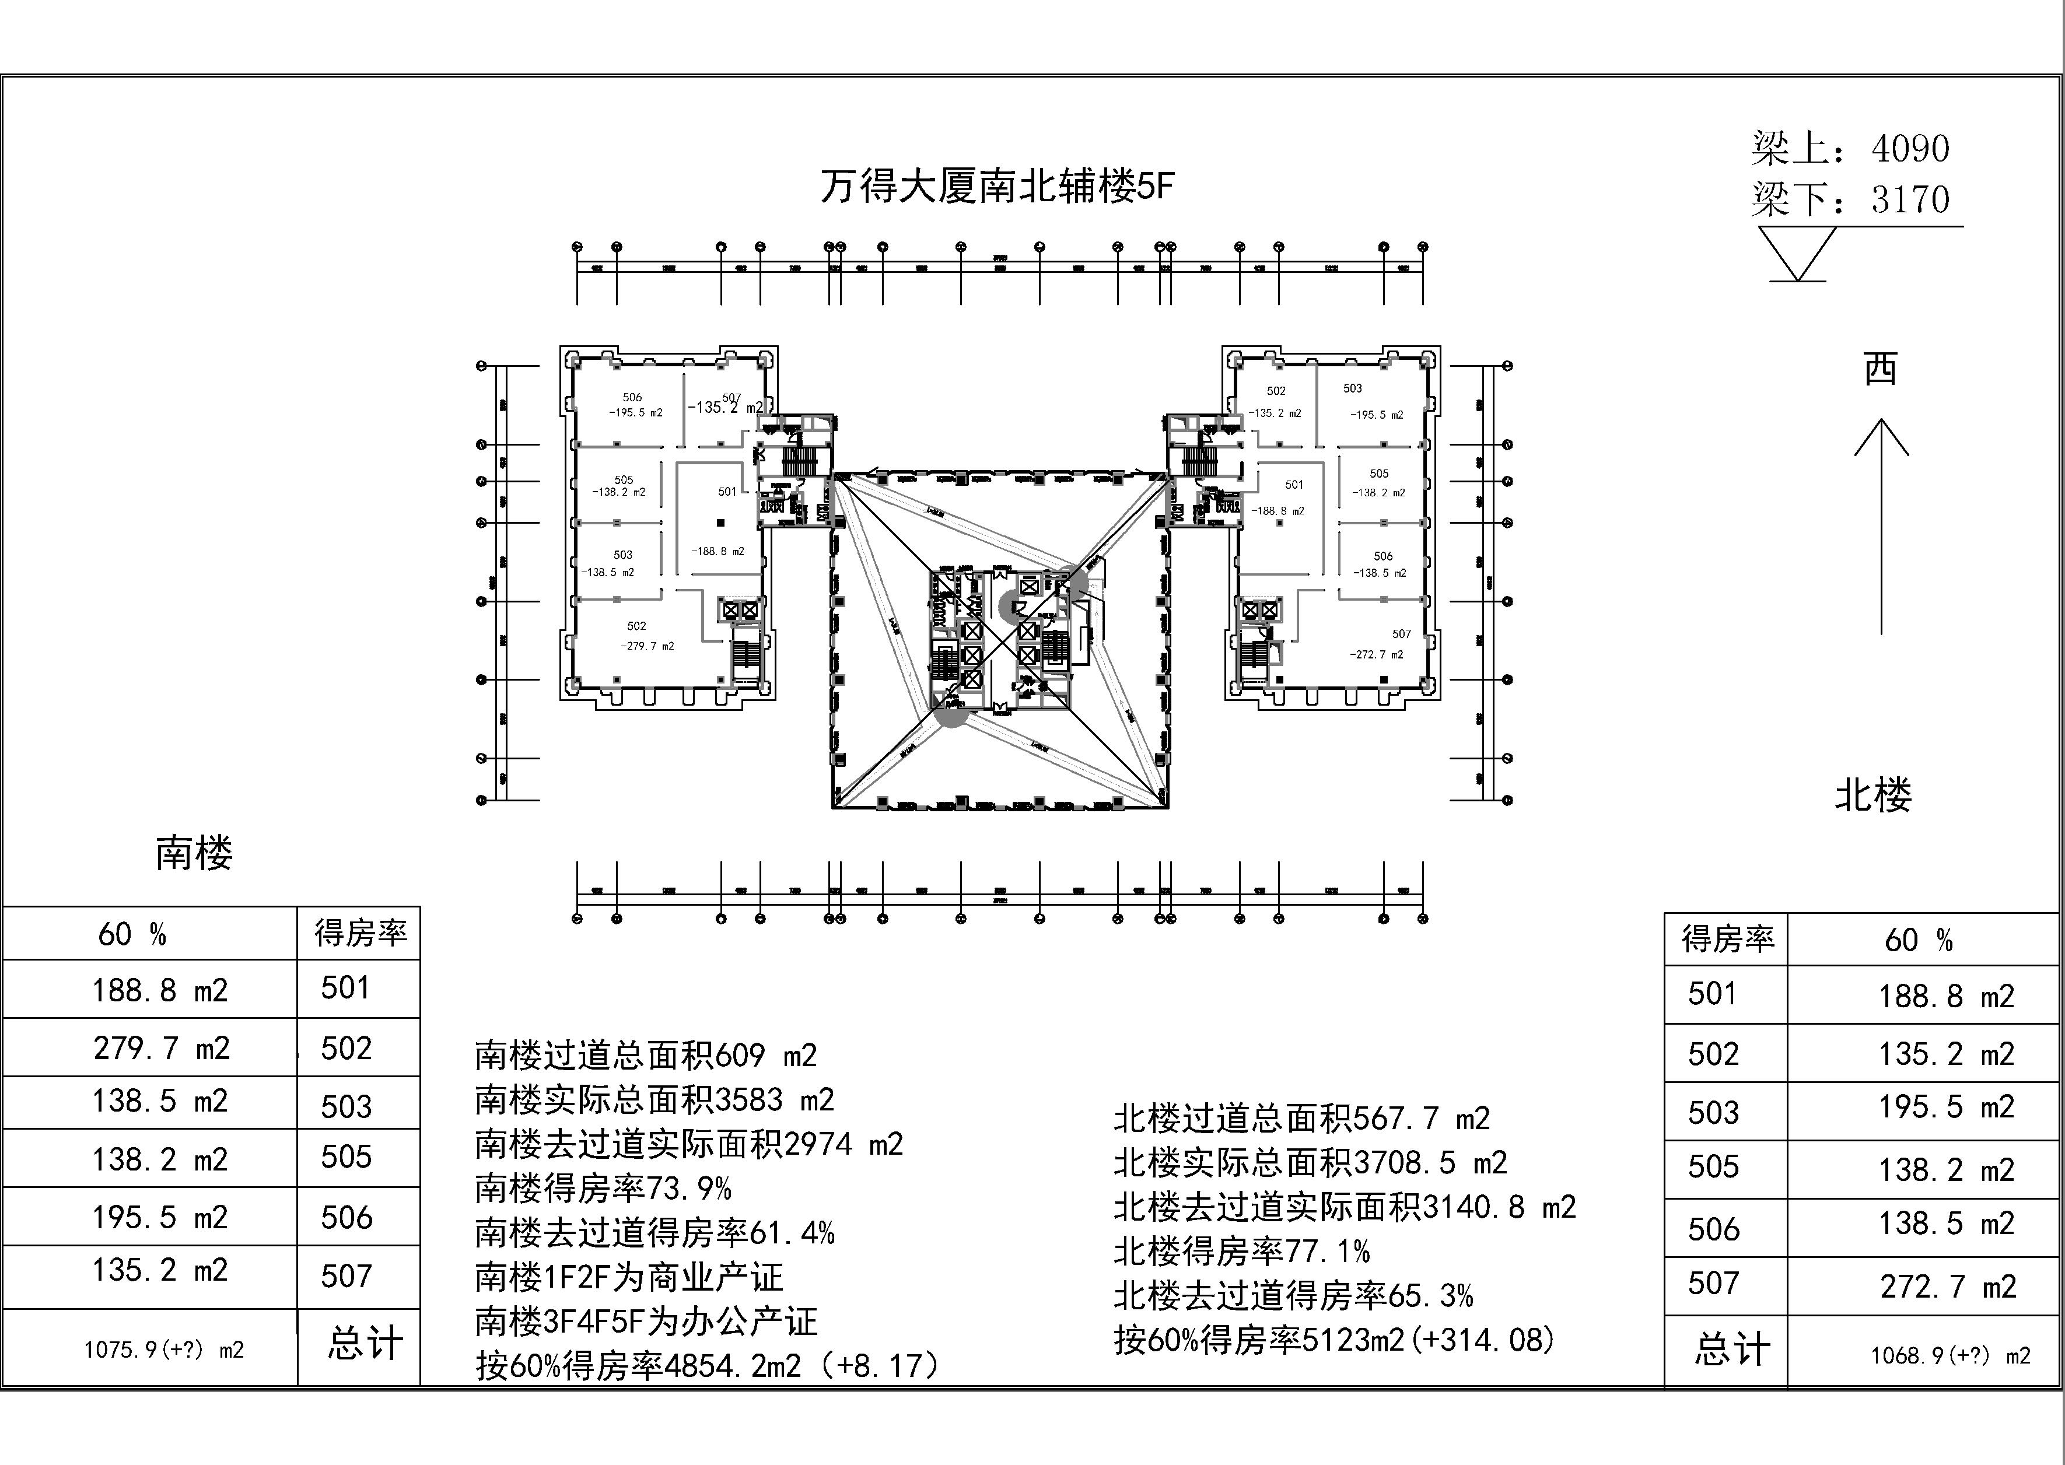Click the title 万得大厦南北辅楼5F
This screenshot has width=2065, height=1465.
pyautogui.click(x=997, y=187)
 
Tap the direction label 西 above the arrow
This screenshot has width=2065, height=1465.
pyautogui.click(x=1881, y=369)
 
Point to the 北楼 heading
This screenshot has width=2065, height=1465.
pyautogui.click(x=1873, y=795)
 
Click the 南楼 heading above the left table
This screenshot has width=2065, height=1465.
pyautogui.click(x=194, y=853)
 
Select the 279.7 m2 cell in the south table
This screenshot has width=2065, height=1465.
pyautogui.click(x=162, y=1048)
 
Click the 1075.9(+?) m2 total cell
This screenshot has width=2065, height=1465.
pyautogui.click(x=164, y=1350)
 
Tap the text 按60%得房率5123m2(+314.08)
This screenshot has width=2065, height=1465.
pyautogui.click(x=1334, y=1340)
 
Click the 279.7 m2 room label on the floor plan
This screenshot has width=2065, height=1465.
pyautogui.click(x=647, y=646)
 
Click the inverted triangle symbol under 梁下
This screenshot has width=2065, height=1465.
pyautogui.click(x=1797, y=252)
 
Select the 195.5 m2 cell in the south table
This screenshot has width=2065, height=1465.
pyautogui.click(x=160, y=1218)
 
